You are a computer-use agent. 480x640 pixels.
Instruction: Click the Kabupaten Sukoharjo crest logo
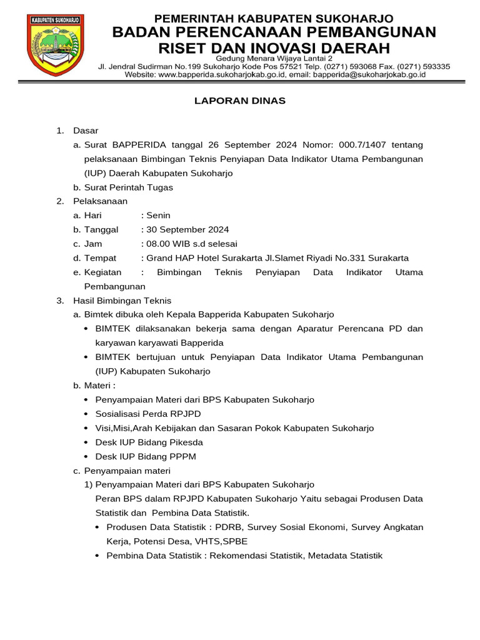pyautogui.click(x=55, y=45)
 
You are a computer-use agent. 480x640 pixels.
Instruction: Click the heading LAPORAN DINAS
pyautogui.click(x=239, y=101)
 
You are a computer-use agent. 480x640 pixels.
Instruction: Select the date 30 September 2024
pyautogui.click(x=187, y=229)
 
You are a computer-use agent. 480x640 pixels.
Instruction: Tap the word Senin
pyautogui.click(x=158, y=215)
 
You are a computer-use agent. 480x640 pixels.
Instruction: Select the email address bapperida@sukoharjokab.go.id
pyautogui.click(x=369, y=74)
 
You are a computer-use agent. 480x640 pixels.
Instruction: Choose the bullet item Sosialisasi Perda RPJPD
pyautogui.click(x=148, y=414)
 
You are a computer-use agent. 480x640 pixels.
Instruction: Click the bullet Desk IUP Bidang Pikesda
pyautogui.click(x=149, y=442)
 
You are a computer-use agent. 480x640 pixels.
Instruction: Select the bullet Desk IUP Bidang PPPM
pyautogui.click(x=146, y=456)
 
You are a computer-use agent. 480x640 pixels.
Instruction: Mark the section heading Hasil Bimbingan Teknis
pyautogui.click(x=122, y=301)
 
